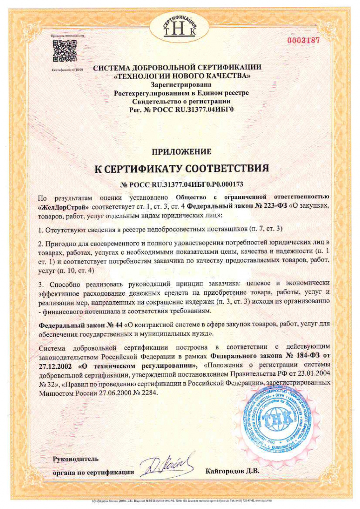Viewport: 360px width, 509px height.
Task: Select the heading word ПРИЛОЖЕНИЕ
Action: pyautogui.click(x=181, y=151)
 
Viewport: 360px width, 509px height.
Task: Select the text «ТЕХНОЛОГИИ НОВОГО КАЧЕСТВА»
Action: pyautogui.click(x=181, y=76)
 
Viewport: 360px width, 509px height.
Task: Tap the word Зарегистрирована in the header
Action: pyautogui.click(x=181, y=85)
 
